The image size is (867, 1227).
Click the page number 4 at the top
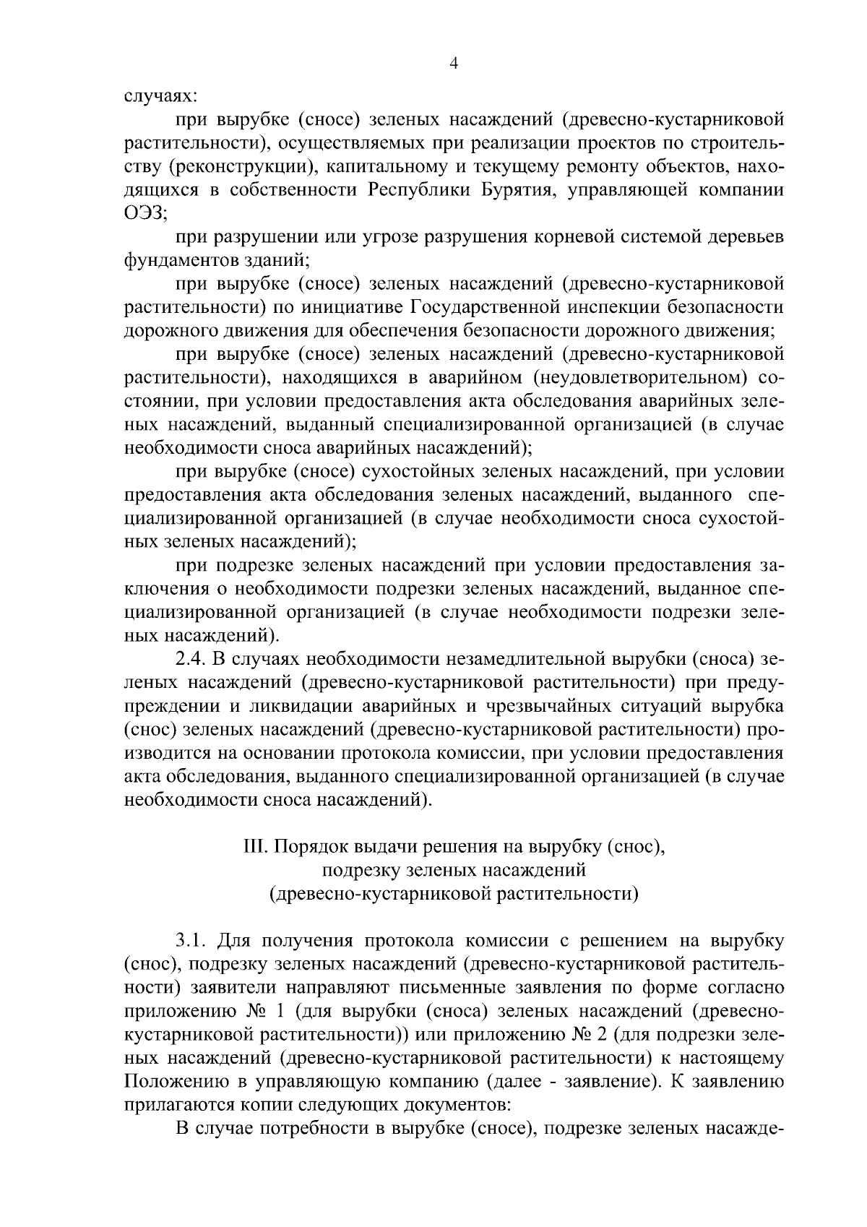point(454,64)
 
